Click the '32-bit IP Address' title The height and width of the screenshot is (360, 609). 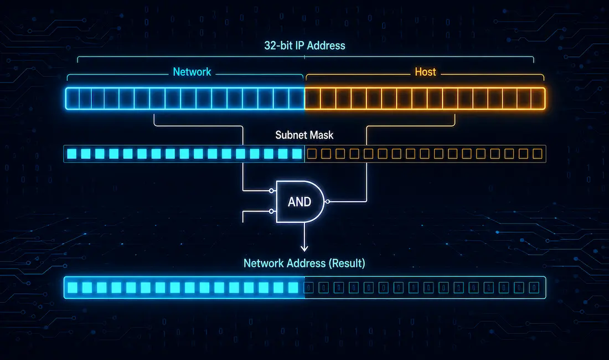point(304,45)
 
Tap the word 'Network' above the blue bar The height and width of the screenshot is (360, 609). point(192,72)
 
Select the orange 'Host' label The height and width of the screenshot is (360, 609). point(425,72)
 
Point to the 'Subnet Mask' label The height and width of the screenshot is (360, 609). point(304,135)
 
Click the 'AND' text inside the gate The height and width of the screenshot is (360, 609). point(299,202)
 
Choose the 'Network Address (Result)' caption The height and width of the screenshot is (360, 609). point(304,263)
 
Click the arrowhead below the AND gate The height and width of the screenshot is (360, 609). point(304,248)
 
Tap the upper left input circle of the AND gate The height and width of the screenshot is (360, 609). point(272,191)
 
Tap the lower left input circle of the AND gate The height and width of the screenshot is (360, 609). point(272,211)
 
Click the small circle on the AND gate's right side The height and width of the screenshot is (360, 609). point(327,202)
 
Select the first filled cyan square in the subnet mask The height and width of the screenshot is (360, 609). point(72,154)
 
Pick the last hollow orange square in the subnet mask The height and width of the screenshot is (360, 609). point(538,154)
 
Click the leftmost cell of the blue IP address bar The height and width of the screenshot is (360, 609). point(73,99)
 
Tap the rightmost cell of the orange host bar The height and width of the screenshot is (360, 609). point(538,99)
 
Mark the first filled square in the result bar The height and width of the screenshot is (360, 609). point(73,288)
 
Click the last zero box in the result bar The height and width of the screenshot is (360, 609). point(534,288)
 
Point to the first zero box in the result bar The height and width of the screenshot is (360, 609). point(309,288)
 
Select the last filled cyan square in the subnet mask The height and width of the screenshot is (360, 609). point(297,154)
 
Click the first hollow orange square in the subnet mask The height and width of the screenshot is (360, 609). point(312,154)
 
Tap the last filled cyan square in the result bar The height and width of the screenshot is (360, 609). point(293,288)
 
